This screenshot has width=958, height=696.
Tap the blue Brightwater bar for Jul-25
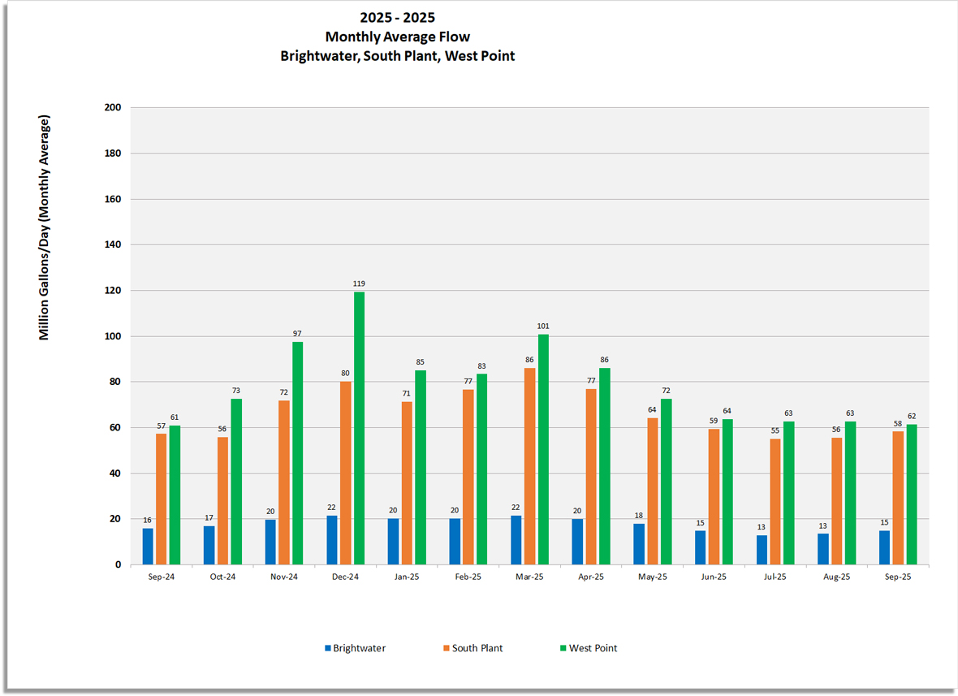(x=762, y=550)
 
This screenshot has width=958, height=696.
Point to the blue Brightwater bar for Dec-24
(x=332, y=540)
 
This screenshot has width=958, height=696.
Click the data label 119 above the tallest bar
(x=359, y=283)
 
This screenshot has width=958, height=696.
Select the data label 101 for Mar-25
(x=543, y=326)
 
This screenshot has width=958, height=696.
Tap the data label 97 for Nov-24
(x=297, y=334)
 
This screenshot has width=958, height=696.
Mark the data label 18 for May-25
(x=639, y=515)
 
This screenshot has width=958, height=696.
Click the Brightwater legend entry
(x=355, y=648)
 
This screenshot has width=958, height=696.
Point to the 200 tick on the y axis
(x=112, y=107)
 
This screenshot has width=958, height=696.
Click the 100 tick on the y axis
(x=112, y=336)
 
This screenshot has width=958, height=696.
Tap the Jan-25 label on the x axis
(x=407, y=577)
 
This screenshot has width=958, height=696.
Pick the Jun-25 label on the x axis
(x=714, y=577)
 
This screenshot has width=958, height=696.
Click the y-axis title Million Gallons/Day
(x=45, y=227)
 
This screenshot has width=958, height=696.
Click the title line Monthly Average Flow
(x=397, y=37)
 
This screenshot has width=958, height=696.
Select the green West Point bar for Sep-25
(x=912, y=495)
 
